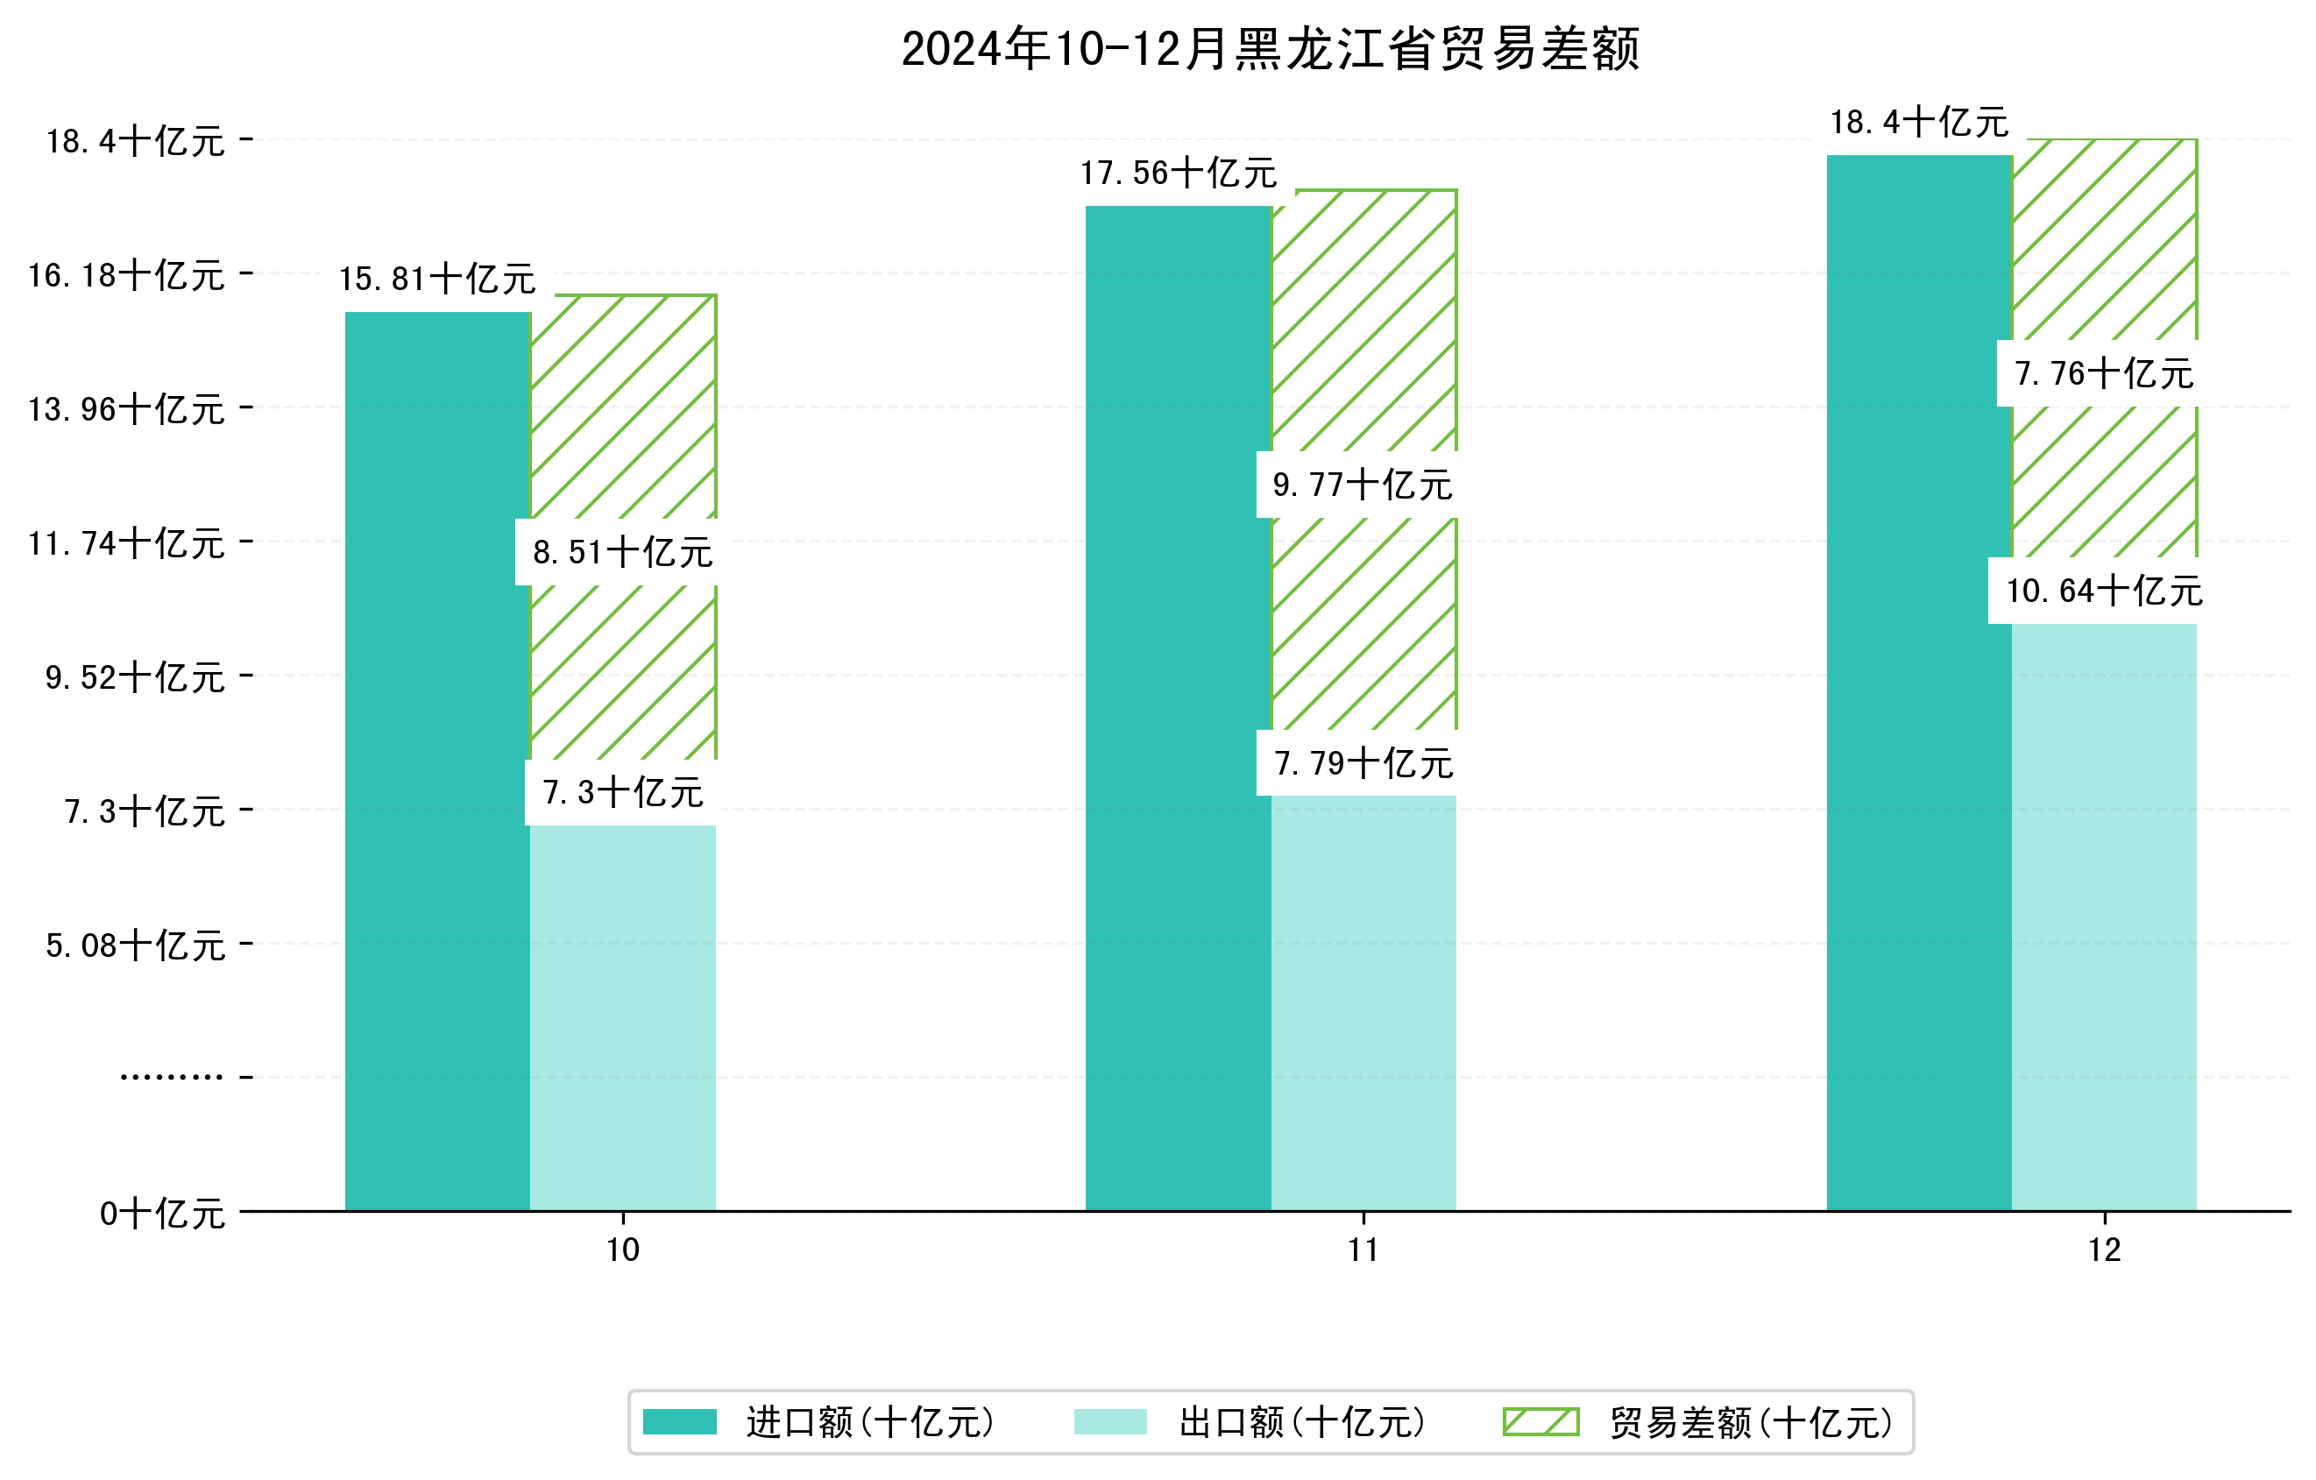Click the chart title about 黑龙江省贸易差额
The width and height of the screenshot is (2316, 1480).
[x=1270, y=49]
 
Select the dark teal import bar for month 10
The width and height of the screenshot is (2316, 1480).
[x=437, y=760]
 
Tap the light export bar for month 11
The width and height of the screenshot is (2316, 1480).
[x=1363, y=1000]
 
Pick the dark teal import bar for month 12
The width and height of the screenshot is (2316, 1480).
[x=1919, y=683]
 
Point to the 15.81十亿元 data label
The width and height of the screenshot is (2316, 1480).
[x=437, y=280]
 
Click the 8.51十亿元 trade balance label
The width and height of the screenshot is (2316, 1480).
[x=622, y=553]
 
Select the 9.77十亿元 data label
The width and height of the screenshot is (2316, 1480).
[x=1362, y=485]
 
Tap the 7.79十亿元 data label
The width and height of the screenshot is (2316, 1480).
[x=1363, y=764]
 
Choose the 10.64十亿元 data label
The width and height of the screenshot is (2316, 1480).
[x=2103, y=591]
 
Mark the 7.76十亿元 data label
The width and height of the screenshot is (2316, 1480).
[x=2103, y=374]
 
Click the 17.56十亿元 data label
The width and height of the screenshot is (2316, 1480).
[x=1179, y=174]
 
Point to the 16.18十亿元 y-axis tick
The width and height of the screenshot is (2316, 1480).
[x=126, y=276]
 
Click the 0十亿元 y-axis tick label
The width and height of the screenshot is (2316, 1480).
[x=162, y=1214]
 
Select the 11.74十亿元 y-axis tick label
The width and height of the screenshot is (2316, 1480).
[x=126, y=544]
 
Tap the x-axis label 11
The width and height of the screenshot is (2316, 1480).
[x=1363, y=1250]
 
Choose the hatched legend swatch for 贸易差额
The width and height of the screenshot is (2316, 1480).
[x=1540, y=1421]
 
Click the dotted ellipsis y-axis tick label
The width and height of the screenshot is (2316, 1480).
[x=171, y=1077]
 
